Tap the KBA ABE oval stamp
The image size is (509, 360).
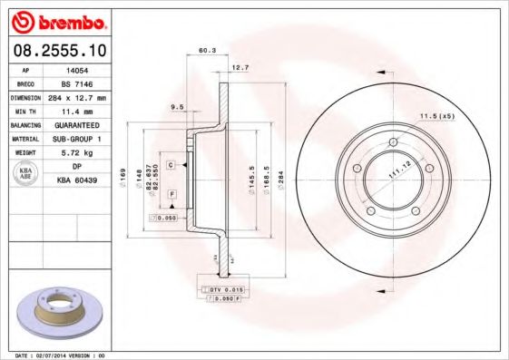24,173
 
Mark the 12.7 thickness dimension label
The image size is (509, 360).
240,67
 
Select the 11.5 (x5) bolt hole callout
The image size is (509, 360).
436,116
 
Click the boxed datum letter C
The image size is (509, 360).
171,164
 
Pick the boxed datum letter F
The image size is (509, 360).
171,195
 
